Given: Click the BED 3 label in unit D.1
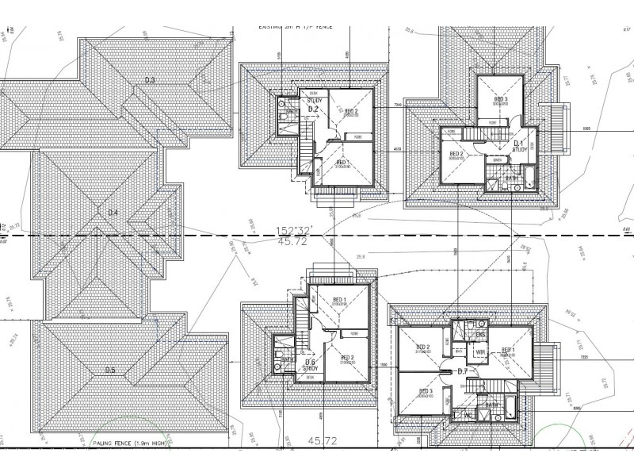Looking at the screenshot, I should click(500, 99).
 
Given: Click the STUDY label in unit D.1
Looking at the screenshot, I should click(520, 149).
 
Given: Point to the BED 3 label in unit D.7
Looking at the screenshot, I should click(426, 392).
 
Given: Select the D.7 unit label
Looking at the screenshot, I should click(464, 371).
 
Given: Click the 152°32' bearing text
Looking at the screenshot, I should click(295, 229).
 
